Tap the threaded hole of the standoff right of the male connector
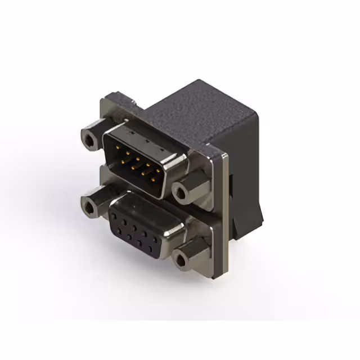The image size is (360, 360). pos(181,193)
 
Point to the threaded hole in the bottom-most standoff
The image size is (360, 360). pos(181,258)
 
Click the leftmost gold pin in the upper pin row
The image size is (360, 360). pos(116,147)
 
